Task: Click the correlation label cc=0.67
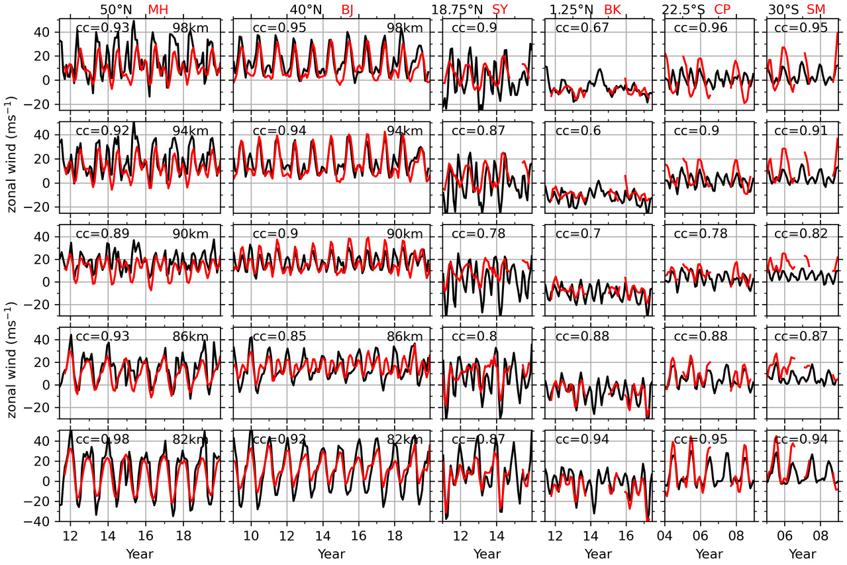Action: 579,28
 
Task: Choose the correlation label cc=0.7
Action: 575,234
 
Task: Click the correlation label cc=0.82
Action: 801,234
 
